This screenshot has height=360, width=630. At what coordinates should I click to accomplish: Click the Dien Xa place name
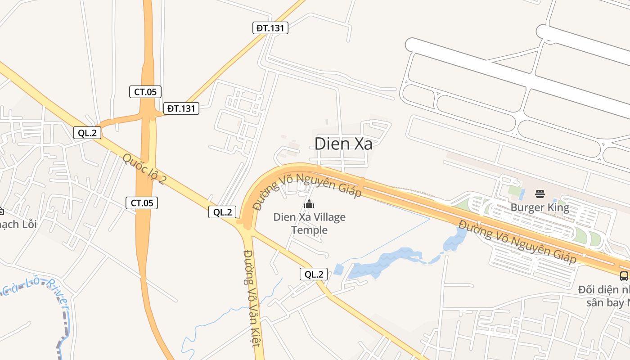(x=343, y=144)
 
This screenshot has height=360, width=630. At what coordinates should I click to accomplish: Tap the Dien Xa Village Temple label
(x=310, y=224)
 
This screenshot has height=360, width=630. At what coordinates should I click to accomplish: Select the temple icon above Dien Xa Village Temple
(x=309, y=204)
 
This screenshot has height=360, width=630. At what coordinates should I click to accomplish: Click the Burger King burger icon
(x=540, y=194)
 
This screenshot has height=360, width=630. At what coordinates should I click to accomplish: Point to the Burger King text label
(x=540, y=207)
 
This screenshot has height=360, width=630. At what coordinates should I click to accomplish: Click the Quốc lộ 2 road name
(x=144, y=169)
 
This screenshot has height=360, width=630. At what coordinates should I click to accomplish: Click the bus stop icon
(x=624, y=276)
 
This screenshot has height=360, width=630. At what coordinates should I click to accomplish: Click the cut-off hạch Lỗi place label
(x=18, y=224)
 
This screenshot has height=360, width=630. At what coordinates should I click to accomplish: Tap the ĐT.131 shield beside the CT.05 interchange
(x=181, y=108)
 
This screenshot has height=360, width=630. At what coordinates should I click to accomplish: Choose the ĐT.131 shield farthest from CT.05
(x=270, y=28)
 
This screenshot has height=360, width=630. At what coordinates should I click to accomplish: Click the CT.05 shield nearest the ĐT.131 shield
(x=145, y=92)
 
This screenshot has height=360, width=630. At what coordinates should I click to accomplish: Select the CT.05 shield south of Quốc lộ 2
(x=142, y=203)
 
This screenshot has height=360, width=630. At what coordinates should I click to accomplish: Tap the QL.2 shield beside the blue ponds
(x=314, y=274)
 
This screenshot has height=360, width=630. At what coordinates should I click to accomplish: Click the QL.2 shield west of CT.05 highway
(x=87, y=133)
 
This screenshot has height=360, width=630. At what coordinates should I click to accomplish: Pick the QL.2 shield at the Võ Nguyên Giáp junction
(x=222, y=212)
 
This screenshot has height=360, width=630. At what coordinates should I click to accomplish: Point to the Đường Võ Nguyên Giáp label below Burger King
(x=517, y=242)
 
